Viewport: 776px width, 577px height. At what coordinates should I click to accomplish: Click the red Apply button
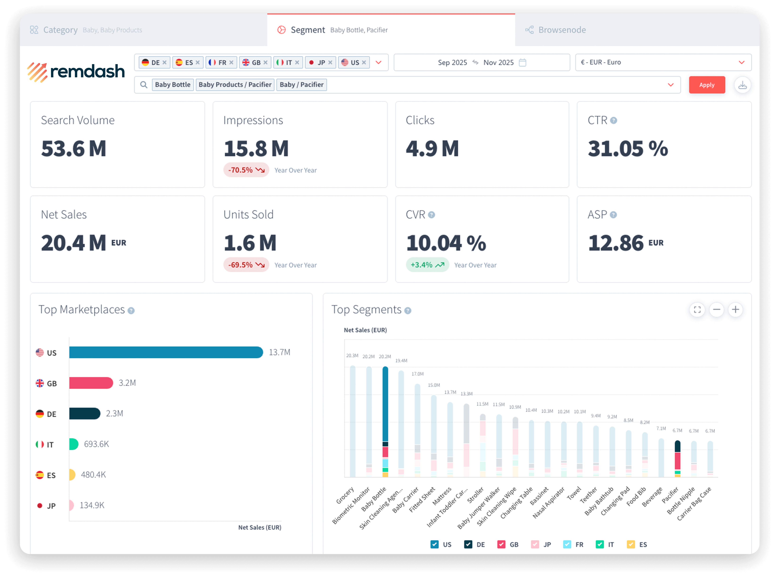click(x=706, y=85)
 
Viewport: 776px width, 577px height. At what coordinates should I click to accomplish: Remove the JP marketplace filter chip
click(x=330, y=63)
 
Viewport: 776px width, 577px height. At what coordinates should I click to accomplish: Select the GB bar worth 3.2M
click(x=91, y=383)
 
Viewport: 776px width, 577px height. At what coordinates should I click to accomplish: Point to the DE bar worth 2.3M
click(x=85, y=414)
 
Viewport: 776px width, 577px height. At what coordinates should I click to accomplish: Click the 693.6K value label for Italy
click(x=96, y=444)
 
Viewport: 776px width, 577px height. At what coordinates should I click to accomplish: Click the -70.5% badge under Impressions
click(x=246, y=170)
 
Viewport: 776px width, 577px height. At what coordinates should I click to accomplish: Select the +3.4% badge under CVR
click(x=427, y=265)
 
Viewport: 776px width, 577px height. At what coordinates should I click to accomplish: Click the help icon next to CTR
click(x=614, y=121)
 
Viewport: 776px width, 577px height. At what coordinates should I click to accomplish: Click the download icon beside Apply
click(x=743, y=85)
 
